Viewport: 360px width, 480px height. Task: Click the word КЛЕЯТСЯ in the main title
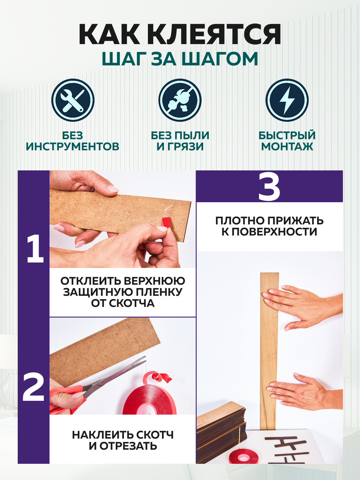(x=214, y=34)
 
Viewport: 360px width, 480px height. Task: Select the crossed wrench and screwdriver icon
(x=73, y=100)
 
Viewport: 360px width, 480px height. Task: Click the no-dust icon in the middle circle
(x=180, y=100)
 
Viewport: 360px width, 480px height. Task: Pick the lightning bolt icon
(x=287, y=100)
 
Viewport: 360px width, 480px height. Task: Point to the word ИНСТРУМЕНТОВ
(x=73, y=146)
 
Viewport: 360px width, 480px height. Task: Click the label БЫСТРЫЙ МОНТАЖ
(x=287, y=141)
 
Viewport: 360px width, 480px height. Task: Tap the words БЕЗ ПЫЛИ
(x=180, y=135)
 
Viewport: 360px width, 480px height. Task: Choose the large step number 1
(x=35, y=249)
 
